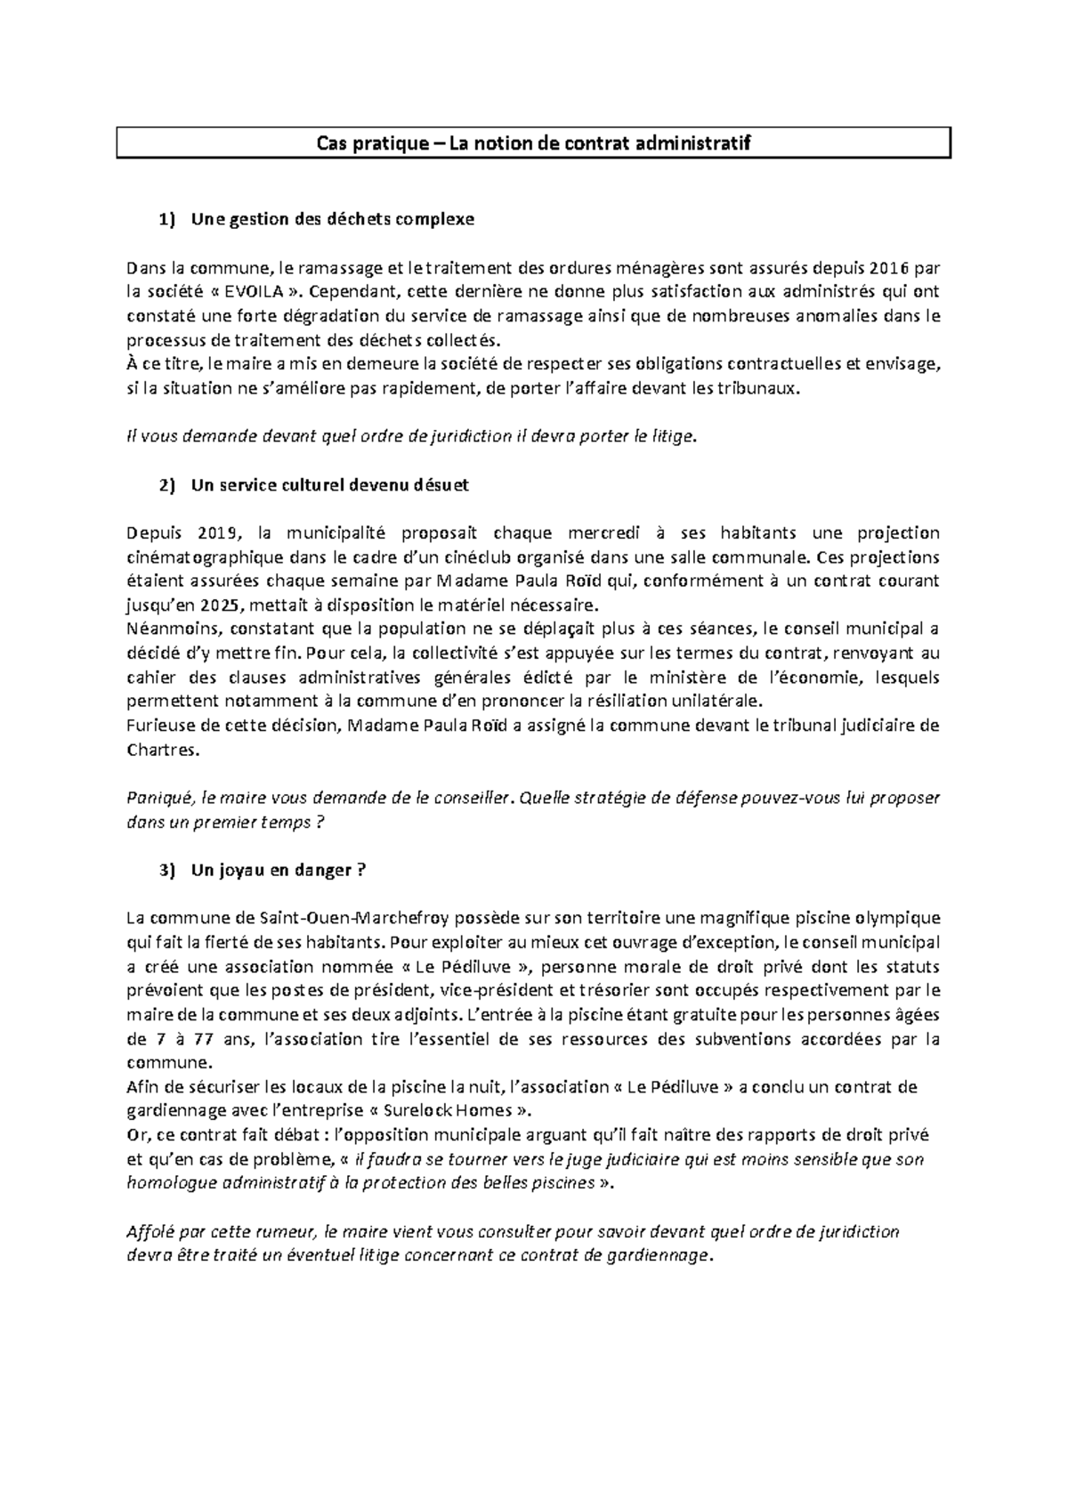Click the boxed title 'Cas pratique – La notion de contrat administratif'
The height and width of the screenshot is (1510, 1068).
[534, 143]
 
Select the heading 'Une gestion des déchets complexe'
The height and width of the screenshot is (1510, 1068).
[332, 219]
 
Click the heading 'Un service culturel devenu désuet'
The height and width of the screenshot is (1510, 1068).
[329, 485]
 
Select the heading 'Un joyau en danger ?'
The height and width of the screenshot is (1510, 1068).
[278, 871]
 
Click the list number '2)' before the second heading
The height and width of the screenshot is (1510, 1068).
[167, 485]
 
